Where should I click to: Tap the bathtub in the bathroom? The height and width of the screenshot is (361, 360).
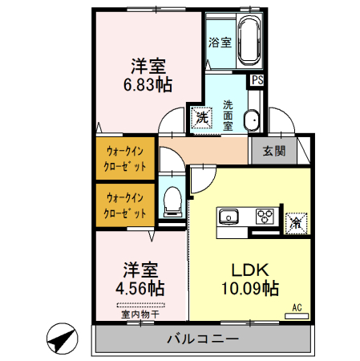coord(249,40)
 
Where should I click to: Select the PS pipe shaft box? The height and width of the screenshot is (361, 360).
coord(257,80)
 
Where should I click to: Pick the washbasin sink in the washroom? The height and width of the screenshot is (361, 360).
coord(252,120)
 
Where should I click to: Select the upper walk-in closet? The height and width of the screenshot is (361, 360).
coord(125,158)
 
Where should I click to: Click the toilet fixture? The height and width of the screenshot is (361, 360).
coord(172,203)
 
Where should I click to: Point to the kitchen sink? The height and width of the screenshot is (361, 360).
coord(229,216)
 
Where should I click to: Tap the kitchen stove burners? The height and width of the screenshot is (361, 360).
coord(265,216)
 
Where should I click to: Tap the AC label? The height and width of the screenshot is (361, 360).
coord(296,307)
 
